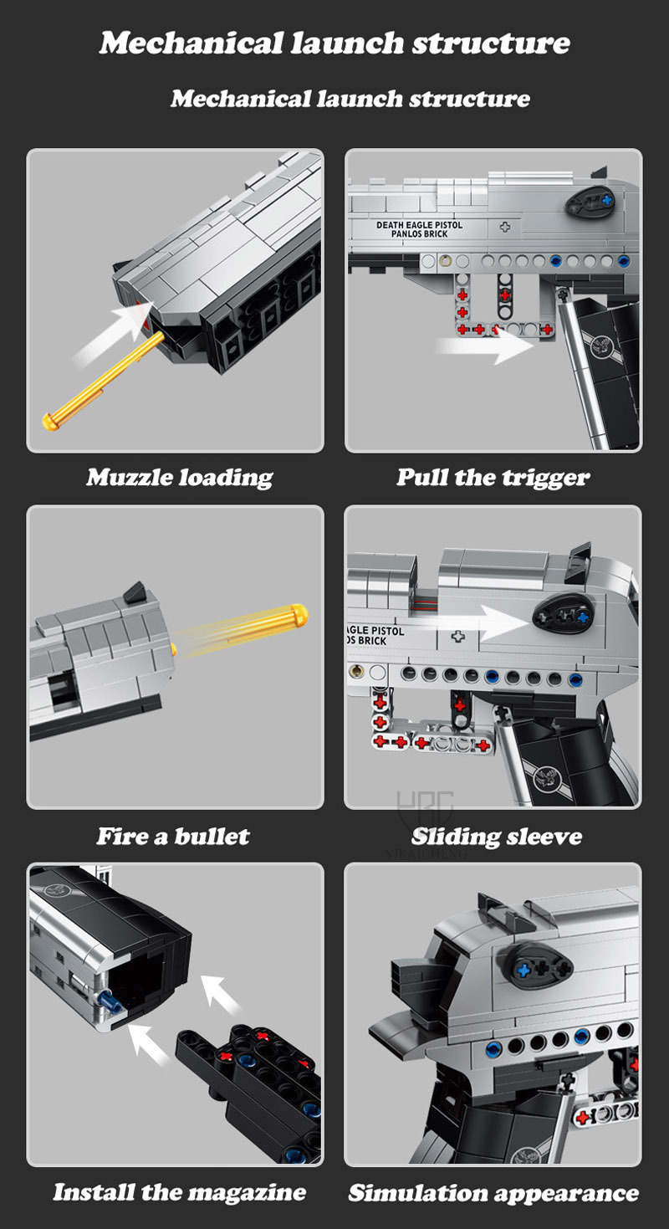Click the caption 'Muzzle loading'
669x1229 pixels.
click(179, 478)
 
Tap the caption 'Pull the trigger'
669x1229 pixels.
click(493, 478)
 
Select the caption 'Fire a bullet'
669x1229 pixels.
click(173, 836)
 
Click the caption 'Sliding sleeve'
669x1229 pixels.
click(497, 837)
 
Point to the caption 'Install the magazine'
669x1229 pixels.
click(179, 1191)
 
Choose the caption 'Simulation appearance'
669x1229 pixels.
click(493, 1193)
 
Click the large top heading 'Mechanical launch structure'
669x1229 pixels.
click(334, 43)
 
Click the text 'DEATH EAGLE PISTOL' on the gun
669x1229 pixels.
click(420, 225)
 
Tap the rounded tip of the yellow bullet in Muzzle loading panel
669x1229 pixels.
click(50, 422)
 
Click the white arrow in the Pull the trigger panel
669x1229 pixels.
click(485, 346)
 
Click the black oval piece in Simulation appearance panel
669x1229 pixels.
click(539, 970)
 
